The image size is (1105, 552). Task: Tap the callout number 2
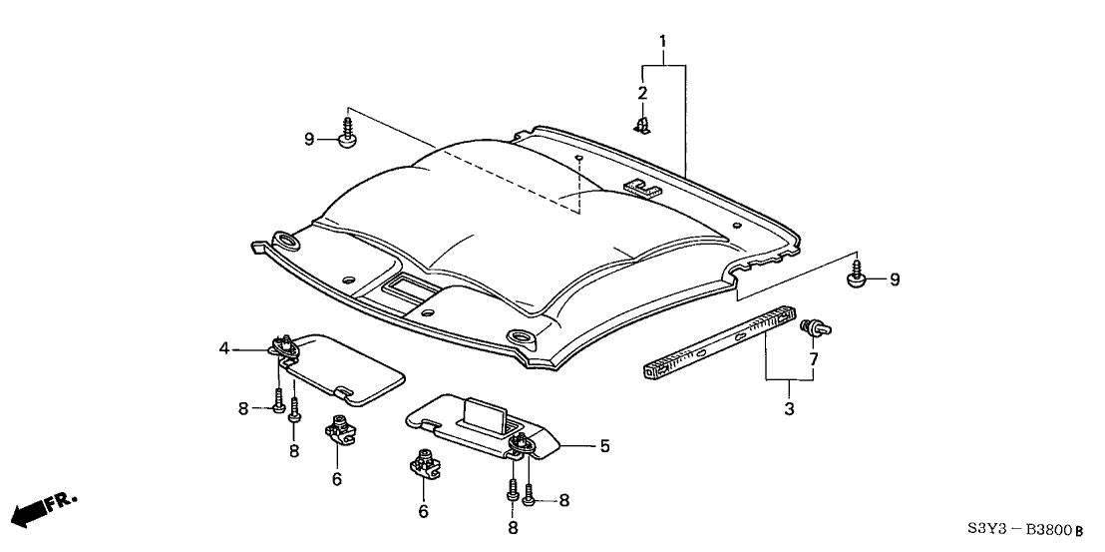[643, 93]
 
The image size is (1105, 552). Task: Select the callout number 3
[788, 408]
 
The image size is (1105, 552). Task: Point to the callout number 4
[225, 348]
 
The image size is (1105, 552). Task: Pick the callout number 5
[603, 446]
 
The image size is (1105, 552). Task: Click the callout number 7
[814, 357]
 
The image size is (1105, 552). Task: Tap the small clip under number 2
[641, 126]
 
